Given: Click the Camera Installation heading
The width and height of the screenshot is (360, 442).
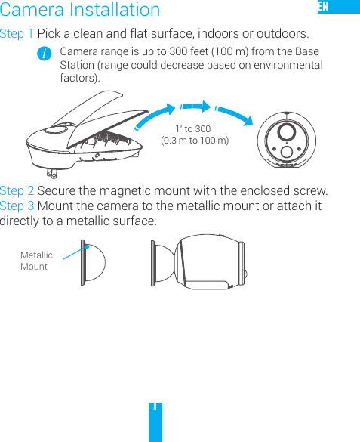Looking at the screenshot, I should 80,11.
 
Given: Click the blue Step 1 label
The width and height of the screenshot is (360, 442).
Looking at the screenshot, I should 17,35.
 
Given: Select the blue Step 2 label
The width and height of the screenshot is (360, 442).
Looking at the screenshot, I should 17,190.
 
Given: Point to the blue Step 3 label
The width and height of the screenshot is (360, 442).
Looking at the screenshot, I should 17,206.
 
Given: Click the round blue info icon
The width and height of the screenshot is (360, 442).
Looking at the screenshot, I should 47,54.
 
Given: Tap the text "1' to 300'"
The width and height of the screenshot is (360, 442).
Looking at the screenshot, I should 195,128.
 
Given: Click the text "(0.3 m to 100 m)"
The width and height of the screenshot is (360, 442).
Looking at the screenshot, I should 195,140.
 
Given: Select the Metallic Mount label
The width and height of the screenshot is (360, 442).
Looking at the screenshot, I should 35,261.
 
